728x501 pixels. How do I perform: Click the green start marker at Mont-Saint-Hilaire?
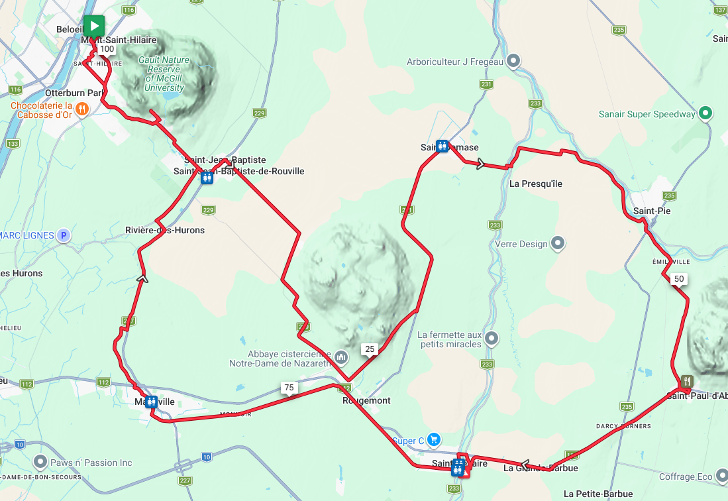coord(94,27)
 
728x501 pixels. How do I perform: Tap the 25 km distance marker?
coord(370,349)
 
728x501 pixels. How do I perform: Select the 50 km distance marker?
coord(678,279)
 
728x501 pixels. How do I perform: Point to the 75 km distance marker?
coord(288,388)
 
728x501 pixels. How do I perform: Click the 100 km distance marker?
coord(107,49)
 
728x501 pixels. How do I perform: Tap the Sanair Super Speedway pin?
coord(705,113)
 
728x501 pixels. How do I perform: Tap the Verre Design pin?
coord(558,243)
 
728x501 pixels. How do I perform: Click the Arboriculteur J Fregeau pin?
coord(513,62)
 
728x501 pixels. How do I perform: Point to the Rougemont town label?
coord(366,401)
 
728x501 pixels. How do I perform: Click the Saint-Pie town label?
coord(652,211)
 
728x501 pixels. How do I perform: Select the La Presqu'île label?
coord(536,184)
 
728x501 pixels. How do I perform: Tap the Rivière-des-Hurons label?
coord(165,230)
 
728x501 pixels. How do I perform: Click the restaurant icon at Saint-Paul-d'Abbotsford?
coord(687,381)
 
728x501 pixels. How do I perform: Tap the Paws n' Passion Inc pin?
coord(40,462)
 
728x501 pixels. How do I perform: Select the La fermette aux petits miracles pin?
coord(491,339)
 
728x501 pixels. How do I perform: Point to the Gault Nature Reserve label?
coord(164,74)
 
